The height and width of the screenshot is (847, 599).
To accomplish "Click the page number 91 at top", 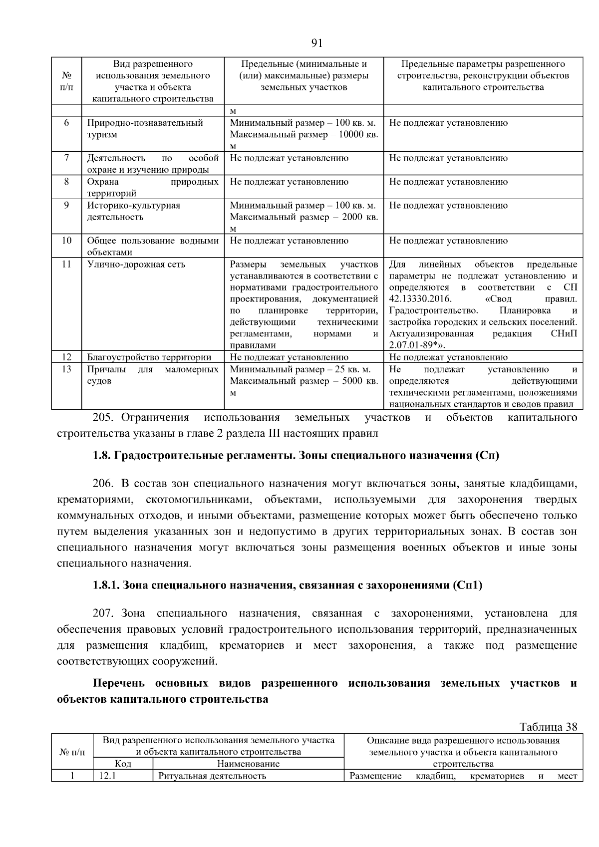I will pos(317,43).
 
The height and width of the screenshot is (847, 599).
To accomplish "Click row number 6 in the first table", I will pos(66,123).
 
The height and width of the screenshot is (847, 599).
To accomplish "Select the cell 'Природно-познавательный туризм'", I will pos(145,128).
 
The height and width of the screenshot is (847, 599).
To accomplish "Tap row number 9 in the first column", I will pos(66,205).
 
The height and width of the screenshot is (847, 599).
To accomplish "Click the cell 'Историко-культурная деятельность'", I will pos(134,211).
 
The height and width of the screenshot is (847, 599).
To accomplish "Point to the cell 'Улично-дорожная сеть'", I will pos(136,265).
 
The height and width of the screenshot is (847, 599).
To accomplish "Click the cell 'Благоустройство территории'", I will pos(149,357).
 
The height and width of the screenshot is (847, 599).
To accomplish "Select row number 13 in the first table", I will pos(66,369).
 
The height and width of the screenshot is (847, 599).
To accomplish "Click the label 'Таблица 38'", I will pos(548,727).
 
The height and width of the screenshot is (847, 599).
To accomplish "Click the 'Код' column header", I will pos(123,764).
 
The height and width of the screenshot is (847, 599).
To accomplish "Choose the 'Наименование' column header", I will pos(248,764).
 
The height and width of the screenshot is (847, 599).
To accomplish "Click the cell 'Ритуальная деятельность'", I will pos(212,776).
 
